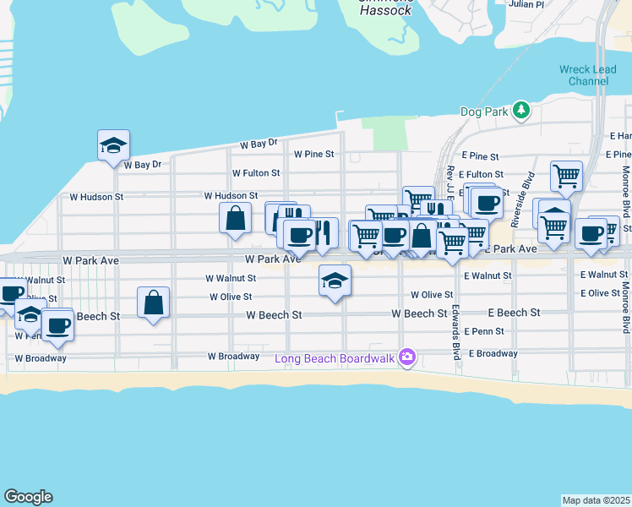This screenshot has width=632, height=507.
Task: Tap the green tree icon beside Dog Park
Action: [521, 110]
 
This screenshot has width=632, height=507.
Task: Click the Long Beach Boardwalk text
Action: [335, 358]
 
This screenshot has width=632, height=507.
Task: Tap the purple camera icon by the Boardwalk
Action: [407, 358]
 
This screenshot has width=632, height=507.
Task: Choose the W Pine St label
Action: [314, 155]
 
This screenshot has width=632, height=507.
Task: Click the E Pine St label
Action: [482, 156]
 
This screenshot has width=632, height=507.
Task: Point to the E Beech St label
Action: [513, 313]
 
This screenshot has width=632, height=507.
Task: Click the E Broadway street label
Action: [493, 353]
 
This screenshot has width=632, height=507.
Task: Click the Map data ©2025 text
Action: [596, 500]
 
